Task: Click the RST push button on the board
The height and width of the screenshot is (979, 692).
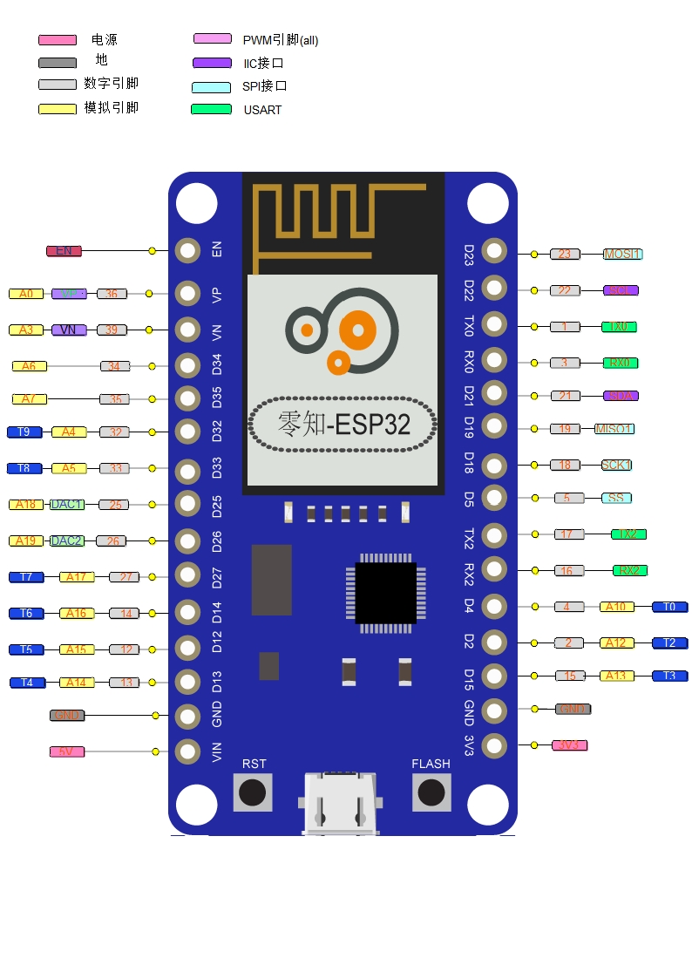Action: tap(253, 792)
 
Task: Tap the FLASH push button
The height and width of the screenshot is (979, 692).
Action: tap(431, 792)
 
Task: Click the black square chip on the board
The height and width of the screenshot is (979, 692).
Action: tap(385, 593)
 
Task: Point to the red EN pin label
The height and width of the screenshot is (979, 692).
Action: tap(64, 251)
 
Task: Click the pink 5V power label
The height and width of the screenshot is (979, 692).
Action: tap(66, 751)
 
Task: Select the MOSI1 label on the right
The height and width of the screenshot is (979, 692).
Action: tap(622, 254)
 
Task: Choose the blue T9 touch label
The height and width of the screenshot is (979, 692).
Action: tap(24, 432)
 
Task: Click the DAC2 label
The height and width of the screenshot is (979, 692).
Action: tap(67, 540)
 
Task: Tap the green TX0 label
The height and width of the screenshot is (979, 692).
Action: tap(619, 327)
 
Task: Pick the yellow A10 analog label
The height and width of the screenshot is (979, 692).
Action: tap(617, 607)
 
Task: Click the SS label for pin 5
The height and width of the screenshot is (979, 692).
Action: tap(616, 498)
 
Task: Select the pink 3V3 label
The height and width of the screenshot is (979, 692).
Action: tap(570, 745)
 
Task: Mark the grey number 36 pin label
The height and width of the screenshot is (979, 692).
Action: tap(112, 294)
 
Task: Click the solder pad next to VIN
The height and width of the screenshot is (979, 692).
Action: tap(187, 751)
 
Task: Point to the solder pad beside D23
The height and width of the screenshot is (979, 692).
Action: tap(494, 251)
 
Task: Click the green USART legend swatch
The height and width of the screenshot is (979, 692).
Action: tap(211, 109)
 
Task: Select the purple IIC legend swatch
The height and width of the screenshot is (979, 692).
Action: tap(212, 63)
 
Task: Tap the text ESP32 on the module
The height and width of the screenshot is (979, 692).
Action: tap(372, 425)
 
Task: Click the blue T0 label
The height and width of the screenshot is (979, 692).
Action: tap(669, 607)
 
